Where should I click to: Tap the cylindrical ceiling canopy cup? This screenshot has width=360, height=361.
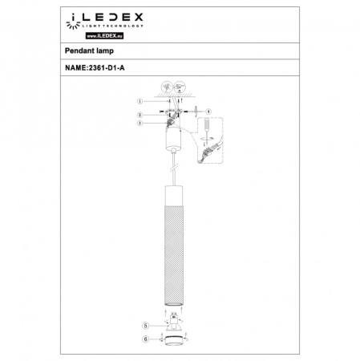(172, 145)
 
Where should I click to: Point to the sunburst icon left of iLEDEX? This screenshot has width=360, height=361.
(74, 17)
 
